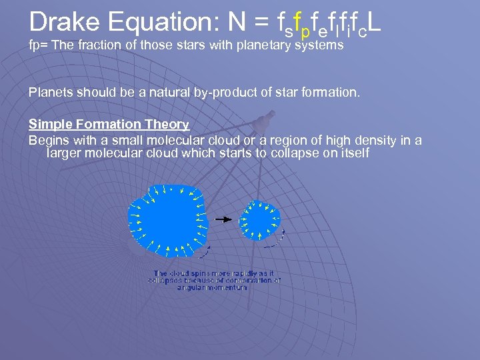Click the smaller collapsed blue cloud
coord(260,219)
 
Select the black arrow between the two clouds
coord(227,219)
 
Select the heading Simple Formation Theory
coord(109,124)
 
